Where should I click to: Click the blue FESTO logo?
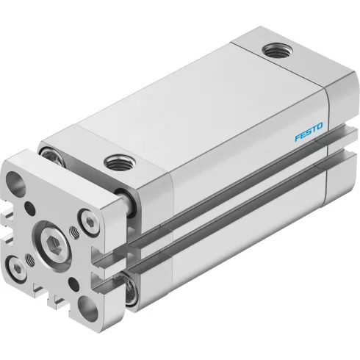[309, 132]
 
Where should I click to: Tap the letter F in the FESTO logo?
[298, 137]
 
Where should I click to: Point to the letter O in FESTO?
[319, 126]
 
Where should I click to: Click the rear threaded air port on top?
[278, 50]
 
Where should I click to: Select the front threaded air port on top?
[120, 162]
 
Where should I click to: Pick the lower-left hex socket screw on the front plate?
[16, 267]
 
